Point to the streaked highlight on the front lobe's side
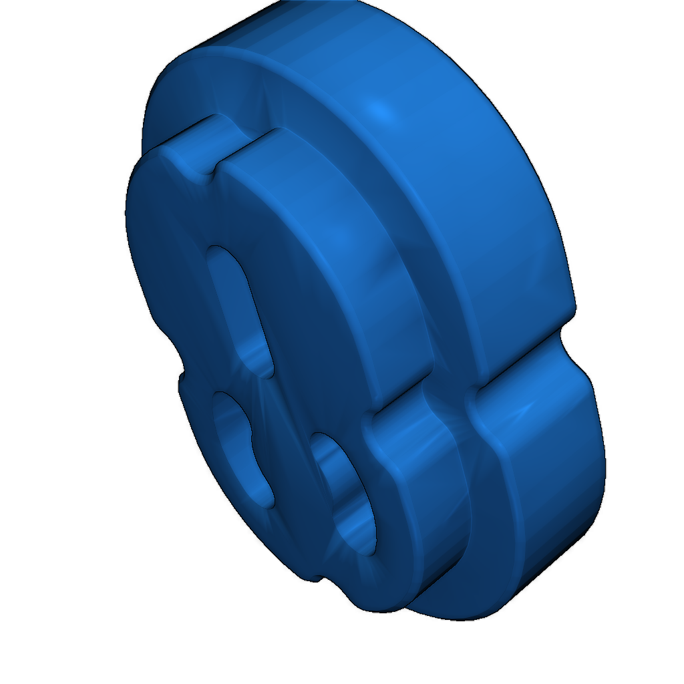pos(434,434)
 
